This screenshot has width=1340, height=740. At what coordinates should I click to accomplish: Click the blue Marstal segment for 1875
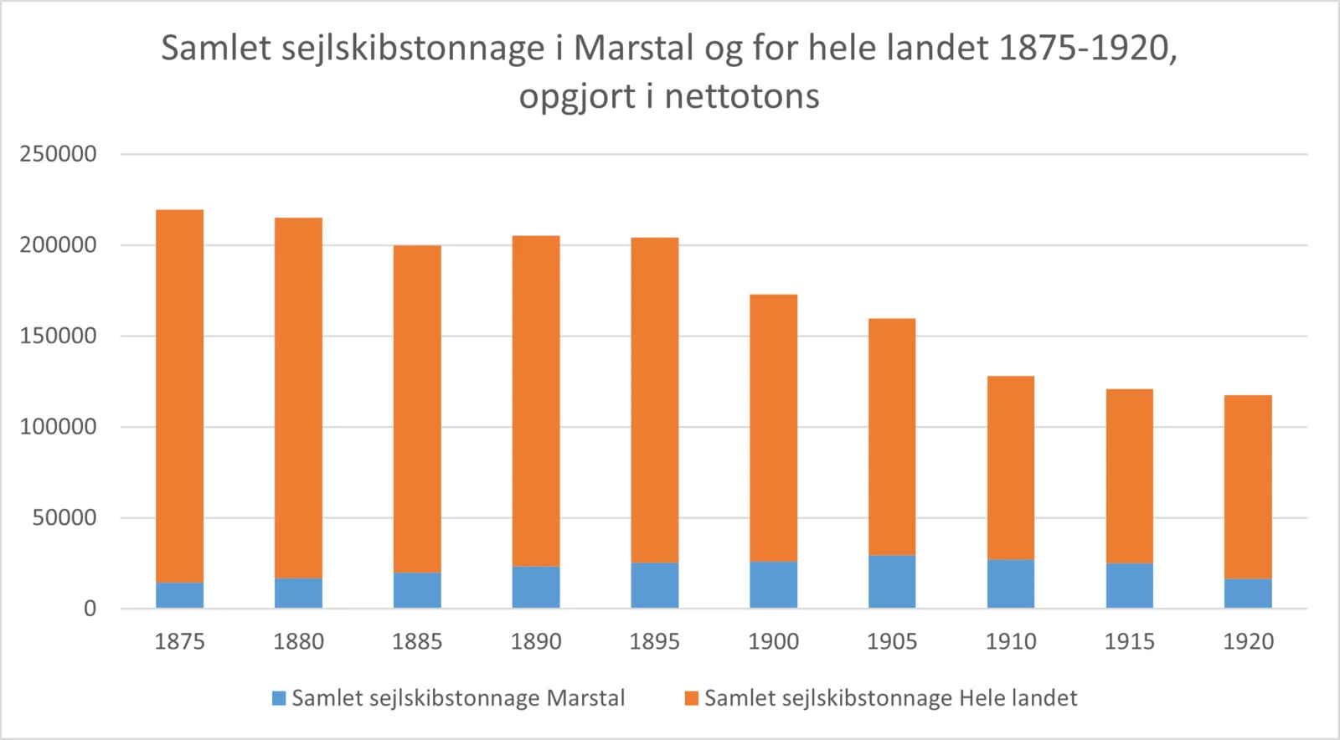(x=179, y=594)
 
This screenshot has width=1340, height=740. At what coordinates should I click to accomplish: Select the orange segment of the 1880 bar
(x=298, y=398)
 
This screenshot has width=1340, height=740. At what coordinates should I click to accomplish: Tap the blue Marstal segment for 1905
(x=892, y=582)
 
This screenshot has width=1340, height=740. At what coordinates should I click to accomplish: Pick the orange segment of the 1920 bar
(x=1248, y=487)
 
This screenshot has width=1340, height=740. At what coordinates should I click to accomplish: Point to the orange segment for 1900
(x=773, y=428)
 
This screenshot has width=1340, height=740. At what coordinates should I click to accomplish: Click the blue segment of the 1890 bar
(x=536, y=587)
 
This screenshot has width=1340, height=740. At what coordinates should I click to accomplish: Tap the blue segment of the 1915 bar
(x=1129, y=585)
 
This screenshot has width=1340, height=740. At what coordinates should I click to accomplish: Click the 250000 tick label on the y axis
(x=58, y=154)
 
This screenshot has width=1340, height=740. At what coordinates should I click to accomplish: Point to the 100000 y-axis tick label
(x=58, y=427)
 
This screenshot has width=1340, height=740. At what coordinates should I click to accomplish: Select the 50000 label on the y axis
(x=64, y=517)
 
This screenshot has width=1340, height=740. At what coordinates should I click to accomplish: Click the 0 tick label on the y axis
(x=90, y=609)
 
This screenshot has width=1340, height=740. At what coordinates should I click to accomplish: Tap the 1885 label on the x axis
(x=417, y=642)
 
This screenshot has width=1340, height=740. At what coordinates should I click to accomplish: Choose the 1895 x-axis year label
(x=654, y=642)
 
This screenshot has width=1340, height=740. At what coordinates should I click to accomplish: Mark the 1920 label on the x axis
(x=1248, y=642)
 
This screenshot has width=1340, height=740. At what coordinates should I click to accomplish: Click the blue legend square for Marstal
(x=279, y=698)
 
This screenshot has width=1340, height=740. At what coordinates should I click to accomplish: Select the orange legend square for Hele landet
(x=691, y=698)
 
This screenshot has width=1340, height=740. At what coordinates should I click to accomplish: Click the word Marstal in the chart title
(x=633, y=49)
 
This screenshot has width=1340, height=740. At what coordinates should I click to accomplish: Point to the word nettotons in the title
(x=741, y=97)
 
